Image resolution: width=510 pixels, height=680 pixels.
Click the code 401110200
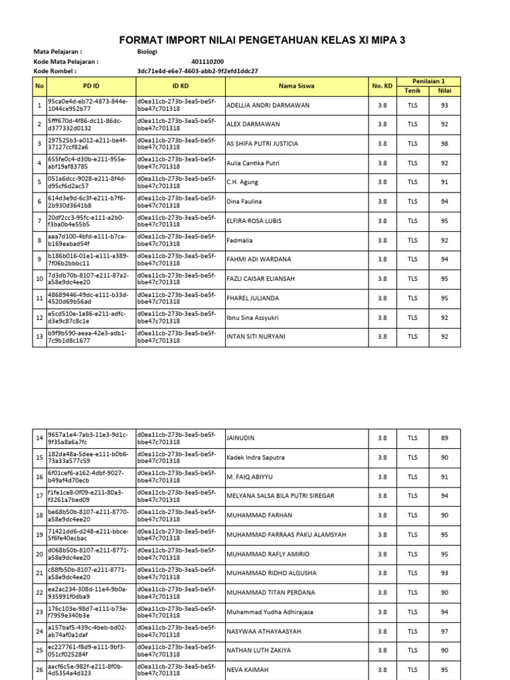(x=207, y=61)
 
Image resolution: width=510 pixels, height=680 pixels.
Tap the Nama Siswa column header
(x=297, y=86)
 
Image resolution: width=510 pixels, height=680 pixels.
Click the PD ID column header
(x=91, y=86)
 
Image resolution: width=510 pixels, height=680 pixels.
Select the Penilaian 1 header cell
(x=428, y=80)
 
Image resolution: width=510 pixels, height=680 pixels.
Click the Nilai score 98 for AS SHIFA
(x=444, y=143)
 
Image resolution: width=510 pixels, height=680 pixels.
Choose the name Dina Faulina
(x=244, y=201)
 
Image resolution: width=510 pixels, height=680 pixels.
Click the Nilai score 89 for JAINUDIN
(x=444, y=438)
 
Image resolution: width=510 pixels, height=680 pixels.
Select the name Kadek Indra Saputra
(x=256, y=458)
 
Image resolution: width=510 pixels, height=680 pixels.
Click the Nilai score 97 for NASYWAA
(x=444, y=632)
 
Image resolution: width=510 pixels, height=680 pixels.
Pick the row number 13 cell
(x=39, y=337)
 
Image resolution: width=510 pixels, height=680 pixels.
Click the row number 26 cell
(x=39, y=670)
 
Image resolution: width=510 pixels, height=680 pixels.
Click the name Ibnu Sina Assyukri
(x=253, y=317)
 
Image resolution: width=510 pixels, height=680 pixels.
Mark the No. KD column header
(x=382, y=86)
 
